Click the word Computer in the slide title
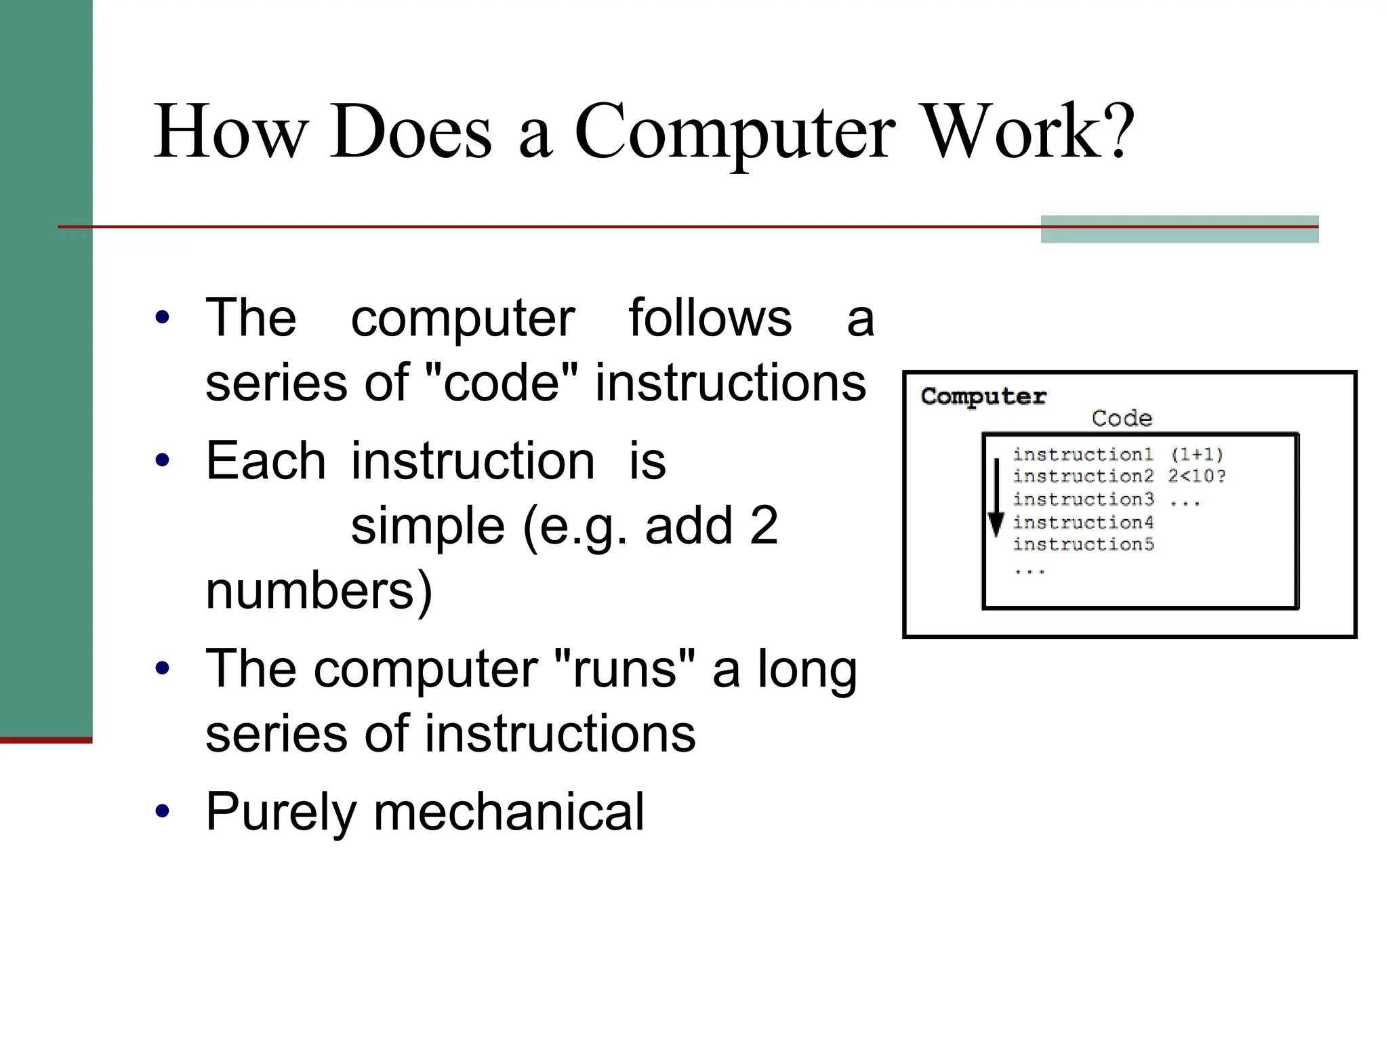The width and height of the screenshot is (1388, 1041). pos(735,133)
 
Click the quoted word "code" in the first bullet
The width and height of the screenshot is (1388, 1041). pos(501,382)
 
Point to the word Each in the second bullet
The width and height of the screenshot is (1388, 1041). pos(266,461)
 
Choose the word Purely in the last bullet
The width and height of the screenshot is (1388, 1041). pos(281,812)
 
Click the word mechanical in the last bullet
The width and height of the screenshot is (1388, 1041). pos(509,811)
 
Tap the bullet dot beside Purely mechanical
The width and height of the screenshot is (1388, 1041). pos(162,811)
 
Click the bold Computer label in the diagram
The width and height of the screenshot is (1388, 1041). pos(983,396)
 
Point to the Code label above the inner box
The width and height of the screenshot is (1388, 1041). pos(1122,418)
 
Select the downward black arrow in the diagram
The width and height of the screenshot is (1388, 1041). pos(996,498)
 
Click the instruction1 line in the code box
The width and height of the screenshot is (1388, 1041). pos(1083,454)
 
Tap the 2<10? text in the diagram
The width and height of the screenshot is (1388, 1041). pos(1196,476)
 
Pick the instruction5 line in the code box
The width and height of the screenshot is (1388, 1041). pos(1083,544)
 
